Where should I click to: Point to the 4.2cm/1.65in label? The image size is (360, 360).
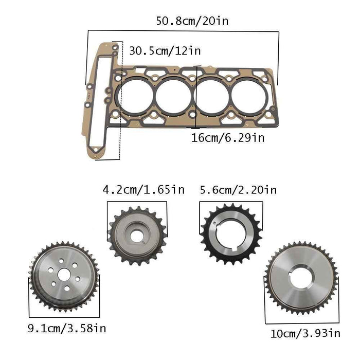click(143, 190)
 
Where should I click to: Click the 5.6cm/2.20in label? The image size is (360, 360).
click(238, 190)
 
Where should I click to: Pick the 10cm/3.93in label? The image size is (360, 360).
click(305, 333)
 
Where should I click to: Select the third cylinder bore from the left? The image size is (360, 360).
click(212, 96)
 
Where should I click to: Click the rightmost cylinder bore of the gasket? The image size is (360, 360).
click(250, 96)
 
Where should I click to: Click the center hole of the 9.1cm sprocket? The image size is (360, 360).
click(64, 275)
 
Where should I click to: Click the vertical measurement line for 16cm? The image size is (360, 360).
click(198, 96)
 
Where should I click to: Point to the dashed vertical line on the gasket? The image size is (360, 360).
click(121, 103)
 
